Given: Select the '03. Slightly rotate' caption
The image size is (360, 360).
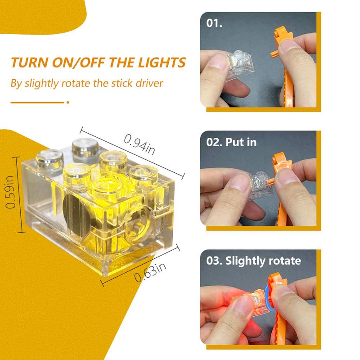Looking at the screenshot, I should tap(254, 261).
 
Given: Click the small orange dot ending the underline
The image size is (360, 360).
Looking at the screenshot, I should tap(68, 102).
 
